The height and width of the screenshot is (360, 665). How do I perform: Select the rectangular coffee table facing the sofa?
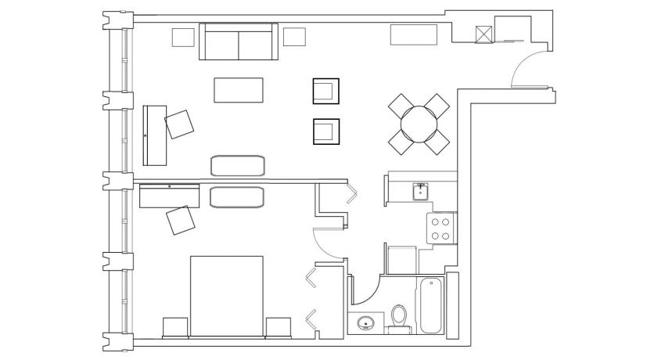coord(239,89)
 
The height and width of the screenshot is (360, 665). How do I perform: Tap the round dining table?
coord(419,123)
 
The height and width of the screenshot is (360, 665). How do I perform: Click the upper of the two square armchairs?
coord(326,91)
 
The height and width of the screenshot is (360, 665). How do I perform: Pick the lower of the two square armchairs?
coord(326,131)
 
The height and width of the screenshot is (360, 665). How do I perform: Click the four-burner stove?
coord(440,228)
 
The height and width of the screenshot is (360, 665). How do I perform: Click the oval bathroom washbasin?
coord(365,322)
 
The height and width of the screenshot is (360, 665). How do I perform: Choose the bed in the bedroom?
coord(226,297)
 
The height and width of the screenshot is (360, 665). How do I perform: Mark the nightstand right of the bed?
coord(278,327)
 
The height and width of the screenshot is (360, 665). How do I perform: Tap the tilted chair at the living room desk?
coord(180,124)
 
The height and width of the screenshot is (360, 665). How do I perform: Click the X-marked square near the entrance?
coord(484,34)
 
